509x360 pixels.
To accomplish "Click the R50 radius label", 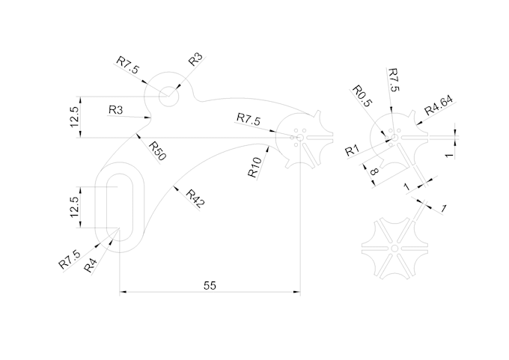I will click(157, 150).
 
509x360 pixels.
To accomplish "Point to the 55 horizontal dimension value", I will click(210, 285).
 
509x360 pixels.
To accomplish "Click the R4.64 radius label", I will click(439, 106).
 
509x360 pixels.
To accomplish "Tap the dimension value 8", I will click(373, 171).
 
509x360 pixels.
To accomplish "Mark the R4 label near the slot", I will click(91, 264).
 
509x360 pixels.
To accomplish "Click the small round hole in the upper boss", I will click(168, 94).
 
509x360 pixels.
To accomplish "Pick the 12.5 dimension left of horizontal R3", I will click(73, 118).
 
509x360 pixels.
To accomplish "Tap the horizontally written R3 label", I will click(116, 110).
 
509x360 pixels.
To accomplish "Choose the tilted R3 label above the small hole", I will click(196, 61).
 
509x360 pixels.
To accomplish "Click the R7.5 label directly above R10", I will click(249, 119).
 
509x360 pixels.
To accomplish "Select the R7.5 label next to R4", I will click(70, 259).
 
